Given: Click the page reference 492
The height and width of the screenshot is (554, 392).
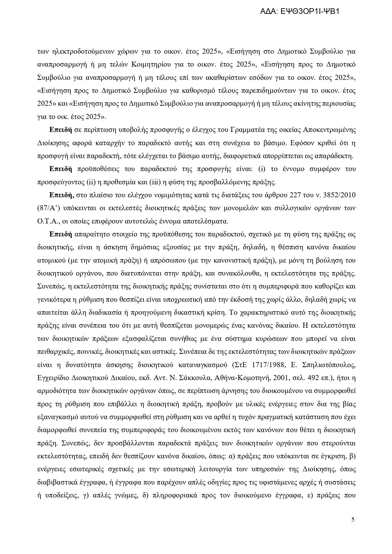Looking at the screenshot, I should [x=309, y=378].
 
